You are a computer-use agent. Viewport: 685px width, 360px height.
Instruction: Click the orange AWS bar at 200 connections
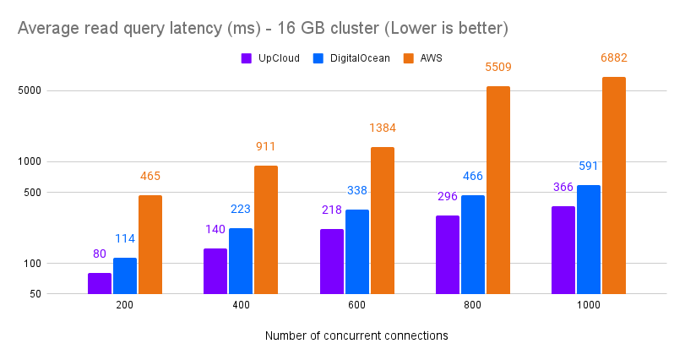click(x=150, y=244)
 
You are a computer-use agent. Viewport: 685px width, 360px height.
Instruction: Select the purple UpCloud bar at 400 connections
click(x=215, y=270)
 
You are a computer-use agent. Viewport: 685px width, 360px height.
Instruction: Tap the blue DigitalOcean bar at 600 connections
click(x=357, y=251)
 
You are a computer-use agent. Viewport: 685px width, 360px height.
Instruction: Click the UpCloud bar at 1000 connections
click(x=563, y=249)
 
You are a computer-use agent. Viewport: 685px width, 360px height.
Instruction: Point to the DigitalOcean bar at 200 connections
click(x=125, y=275)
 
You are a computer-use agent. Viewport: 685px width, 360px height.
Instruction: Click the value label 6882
click(x=613, y=58)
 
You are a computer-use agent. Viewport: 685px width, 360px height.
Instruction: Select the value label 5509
click(x=498, y=67)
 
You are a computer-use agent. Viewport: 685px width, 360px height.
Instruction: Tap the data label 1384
click(x=382, y=128)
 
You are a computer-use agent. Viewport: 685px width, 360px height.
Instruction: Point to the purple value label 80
click(x=100, y=254)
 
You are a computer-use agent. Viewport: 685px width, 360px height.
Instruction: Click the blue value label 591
click(x=589, y=166)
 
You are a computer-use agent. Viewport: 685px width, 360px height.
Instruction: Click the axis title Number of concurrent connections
click(x=356, y=335)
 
